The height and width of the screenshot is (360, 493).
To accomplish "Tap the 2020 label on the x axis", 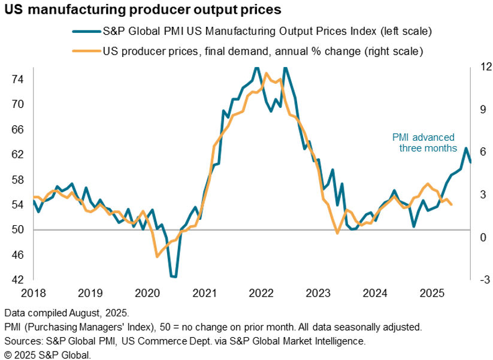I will [x=146, y=294].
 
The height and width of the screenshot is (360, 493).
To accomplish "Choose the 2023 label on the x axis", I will [x=317, y=294].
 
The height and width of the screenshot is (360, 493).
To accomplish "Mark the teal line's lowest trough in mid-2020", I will [x=174, y=277].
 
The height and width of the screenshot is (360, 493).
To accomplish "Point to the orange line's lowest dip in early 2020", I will [x=157, y=256].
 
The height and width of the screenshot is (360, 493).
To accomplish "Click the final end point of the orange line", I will [x=451, y=205].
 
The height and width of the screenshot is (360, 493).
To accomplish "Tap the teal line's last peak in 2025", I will [x=466, y=148].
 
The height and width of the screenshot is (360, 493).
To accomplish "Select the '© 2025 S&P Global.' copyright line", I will [x=47, y=355].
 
